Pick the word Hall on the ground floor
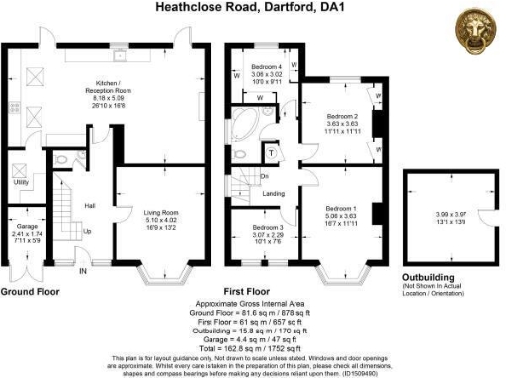(89, 205)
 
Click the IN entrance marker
(83, 269)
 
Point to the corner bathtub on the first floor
(243, 128)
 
